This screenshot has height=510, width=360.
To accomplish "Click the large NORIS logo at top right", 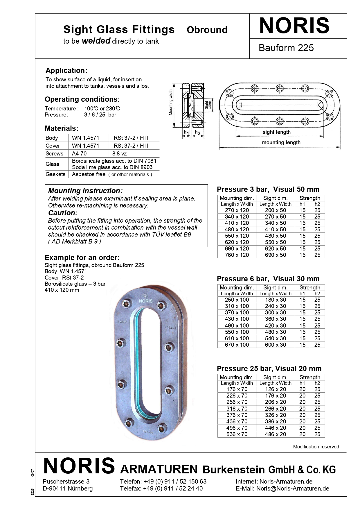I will tap(294, 26).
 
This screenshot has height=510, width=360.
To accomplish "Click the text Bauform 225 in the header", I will tap(286, 48).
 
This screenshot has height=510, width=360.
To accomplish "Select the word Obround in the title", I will tap(207, 30).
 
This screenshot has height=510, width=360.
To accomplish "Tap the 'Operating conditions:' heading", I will tap(82, 99).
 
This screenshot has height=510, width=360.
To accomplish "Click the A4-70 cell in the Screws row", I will tap(79, 153).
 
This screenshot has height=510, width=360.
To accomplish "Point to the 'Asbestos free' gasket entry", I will tap(89, 174).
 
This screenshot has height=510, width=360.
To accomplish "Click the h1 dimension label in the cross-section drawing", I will tap(186, 133).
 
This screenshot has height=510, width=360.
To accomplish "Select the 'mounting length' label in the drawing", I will tap(281, 142).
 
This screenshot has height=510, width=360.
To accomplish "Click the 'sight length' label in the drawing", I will tap(276, 132).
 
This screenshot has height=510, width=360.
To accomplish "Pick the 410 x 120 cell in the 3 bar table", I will tap(237, 223).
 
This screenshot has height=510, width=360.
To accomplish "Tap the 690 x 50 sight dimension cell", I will tap(275, 255).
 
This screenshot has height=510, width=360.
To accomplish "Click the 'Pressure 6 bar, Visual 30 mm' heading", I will tap(268, 279).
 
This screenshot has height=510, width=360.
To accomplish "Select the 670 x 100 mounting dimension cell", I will tap(237, 345).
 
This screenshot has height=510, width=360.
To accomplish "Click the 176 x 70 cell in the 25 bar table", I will tap(237, 389).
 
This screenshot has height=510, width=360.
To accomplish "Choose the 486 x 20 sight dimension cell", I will tap(275, 434).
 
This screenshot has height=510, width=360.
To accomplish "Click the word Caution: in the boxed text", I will tap(63, 213).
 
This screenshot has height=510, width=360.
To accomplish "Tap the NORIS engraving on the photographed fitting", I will tap(145, 301).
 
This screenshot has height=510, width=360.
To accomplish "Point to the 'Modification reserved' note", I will tap(316, 447).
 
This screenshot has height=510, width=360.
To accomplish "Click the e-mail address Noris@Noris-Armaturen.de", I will tap(293, 488).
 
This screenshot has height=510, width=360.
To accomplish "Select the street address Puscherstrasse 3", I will tap(66, 482).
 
